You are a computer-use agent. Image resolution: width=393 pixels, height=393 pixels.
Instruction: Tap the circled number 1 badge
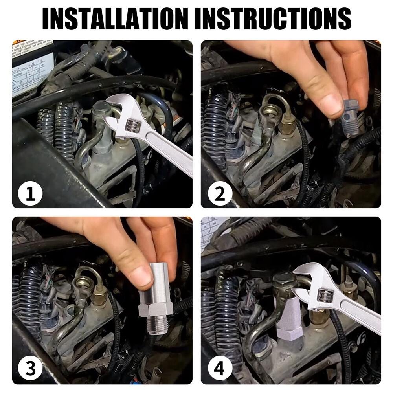(x=30, y=193)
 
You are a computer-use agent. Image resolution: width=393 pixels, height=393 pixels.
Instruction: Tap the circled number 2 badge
(x=220, y=193)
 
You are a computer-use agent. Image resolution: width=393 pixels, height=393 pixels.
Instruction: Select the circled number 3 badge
(x=30, y=368)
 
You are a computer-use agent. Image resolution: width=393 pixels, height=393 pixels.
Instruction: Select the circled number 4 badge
(x=220, y=368)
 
